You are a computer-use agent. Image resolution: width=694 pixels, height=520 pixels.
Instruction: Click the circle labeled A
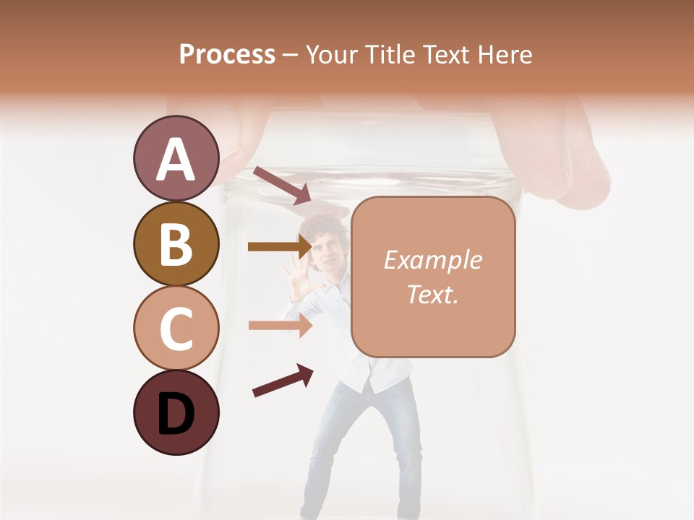[176, 158]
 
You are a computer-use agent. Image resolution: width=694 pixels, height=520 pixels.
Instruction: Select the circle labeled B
[176, 243]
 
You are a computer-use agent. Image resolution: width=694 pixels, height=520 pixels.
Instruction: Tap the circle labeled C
[176, 328]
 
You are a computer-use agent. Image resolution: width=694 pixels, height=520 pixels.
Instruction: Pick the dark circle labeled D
[176, 412]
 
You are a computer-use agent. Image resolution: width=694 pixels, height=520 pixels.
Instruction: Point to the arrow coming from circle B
[280, 247]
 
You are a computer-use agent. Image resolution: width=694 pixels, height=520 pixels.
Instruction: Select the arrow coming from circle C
[280, 325]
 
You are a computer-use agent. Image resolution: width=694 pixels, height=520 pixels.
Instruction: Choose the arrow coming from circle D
[283, 381]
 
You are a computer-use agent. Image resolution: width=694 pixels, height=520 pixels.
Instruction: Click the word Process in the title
[227, 54]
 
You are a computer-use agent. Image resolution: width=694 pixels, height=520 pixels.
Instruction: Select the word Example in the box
[432, 260]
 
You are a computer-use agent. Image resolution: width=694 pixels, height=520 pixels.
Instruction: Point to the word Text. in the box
[432, 294]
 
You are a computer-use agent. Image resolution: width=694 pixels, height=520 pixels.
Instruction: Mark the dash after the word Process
[291, 55]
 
